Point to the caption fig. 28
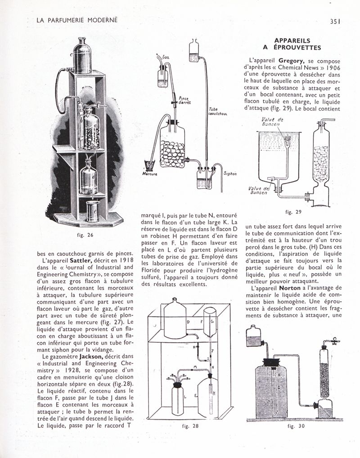point(189,425)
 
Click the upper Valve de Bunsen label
point(272,122)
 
